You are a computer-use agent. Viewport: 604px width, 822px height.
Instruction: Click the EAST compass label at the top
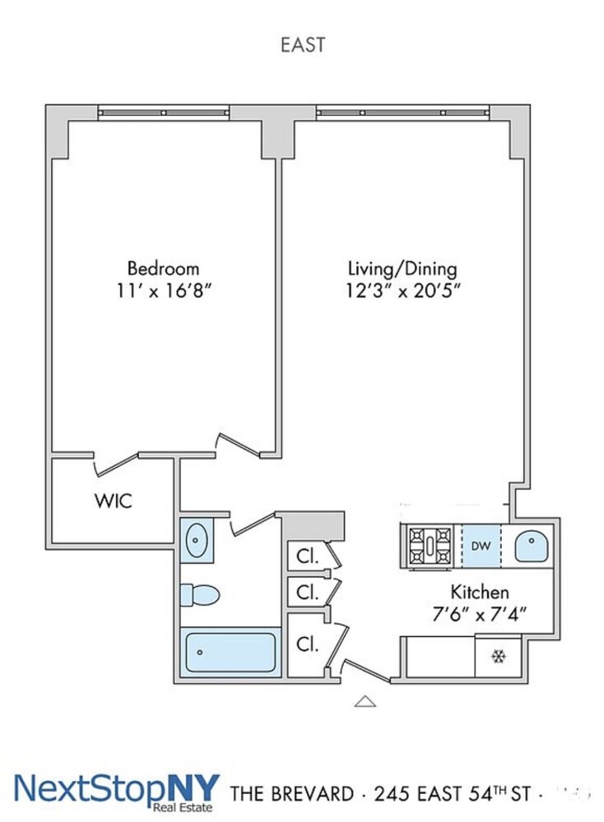pos(302,44)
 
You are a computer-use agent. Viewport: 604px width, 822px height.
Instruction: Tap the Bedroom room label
pos(163,268)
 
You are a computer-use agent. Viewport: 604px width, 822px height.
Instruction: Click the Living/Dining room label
pos(402,268)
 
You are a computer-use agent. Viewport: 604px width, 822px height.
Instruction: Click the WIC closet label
pos(114,500)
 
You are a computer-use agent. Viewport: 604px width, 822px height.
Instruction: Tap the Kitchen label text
pos(479,592)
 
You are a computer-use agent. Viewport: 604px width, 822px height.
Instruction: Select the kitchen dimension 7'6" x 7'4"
pos(479,612)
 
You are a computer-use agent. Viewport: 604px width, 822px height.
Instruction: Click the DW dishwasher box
pos(481,546)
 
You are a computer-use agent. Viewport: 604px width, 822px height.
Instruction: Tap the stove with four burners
pos(430,546)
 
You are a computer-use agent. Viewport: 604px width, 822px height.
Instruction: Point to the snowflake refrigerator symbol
pos(497,657)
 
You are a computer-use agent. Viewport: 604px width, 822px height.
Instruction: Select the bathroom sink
pos(197,541)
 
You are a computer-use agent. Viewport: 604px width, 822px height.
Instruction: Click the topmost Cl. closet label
pos(308,556)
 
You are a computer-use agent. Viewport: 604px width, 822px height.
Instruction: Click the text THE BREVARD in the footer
pos(293,794)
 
